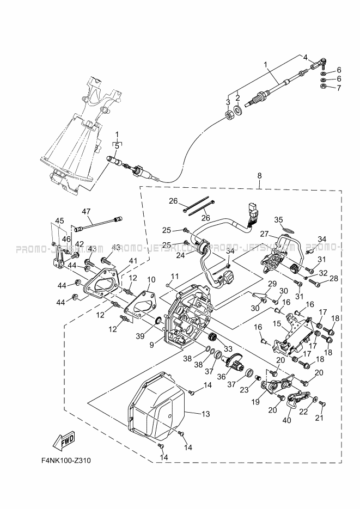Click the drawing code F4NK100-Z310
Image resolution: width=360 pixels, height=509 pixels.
pyautogui.click(x=66, y=461)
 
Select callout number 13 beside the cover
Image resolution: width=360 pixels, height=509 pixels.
pyautogui.click(x=206, y=414)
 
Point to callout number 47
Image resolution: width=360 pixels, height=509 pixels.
pyautogui.click(x=86, y=211)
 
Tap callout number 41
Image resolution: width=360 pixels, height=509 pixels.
pyautogui.click(x=151, y=279)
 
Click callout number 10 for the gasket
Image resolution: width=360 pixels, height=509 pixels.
pyautogui.click(x=151, y=279)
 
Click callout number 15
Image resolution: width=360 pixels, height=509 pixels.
pyautogui.click(x=277, y=323)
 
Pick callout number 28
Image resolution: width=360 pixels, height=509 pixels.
pyautogui.click(x=333, y=279)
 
